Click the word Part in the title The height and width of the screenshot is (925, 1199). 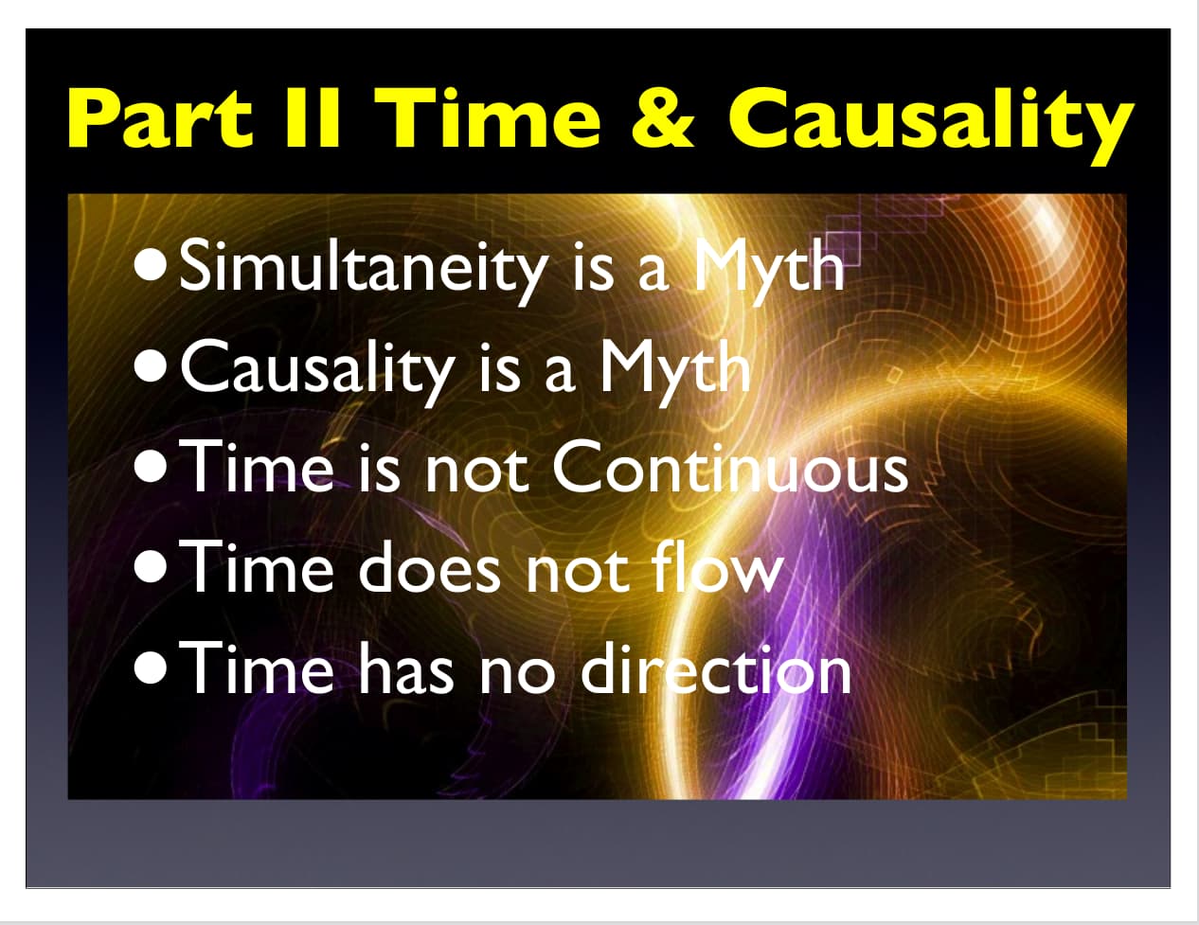(x=160, y=118)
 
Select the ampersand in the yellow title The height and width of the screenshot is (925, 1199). (x=662, y=118)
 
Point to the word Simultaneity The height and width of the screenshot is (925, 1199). (x=363, y=269)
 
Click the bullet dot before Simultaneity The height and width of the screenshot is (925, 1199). (x=150, y=266)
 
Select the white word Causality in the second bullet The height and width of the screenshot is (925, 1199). (x=317, y=368)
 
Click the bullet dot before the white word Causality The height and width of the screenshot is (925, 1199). (x=150, y=367)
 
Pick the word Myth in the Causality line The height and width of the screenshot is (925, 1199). (x=675, y=368)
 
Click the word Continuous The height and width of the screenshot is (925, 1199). (x=730, y=469)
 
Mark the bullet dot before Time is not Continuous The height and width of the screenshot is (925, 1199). (x=150, y=467)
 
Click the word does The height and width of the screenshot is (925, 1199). (x=429, y=567)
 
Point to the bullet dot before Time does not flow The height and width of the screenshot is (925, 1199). (x=150, y=568)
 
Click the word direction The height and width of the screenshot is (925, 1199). (x=717, y=667)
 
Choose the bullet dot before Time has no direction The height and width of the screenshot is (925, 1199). (x=150, y=668)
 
